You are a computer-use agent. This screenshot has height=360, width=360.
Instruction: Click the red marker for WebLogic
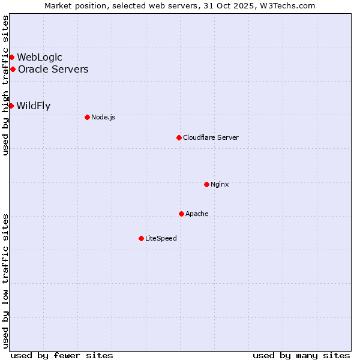click(x=11, y=58)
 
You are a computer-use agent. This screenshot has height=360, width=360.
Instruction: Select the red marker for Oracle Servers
click(x=13, y=69)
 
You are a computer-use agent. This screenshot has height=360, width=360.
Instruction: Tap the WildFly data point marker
click(x=11, y=106)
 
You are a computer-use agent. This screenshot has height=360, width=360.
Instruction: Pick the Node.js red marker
click(x=87, y=117)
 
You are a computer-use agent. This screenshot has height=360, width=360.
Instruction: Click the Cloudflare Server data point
click(x=179, y=137)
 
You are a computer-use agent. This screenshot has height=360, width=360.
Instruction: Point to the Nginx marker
click(x=206, y=184)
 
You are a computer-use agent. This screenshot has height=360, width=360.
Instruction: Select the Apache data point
click(x=181, y=214)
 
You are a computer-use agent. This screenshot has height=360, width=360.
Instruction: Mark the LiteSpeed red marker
click(x=141, y=238)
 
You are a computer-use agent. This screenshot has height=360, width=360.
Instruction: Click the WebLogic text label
click(x=40, y=58)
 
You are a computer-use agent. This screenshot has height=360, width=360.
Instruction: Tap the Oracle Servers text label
click(x=53, y=69)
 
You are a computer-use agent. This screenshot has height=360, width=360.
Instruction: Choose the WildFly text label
click(x=34, y=106)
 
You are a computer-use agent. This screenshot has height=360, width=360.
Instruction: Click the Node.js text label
click(x=103, y=117)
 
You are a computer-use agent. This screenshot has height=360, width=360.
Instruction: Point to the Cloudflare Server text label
click(x=211, y=137)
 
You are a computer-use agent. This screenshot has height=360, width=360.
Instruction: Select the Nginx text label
click(x=220, y=184)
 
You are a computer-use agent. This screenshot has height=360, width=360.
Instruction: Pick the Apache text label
click(x=197, y=214)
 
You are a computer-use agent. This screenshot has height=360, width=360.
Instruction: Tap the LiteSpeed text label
click(x=161, y=238)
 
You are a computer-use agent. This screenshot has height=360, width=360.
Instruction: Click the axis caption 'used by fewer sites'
click(x=62, y=355)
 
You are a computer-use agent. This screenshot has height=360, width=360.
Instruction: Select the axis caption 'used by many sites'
click(x=301, y=355)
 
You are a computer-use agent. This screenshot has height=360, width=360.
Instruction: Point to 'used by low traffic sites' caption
click(x=5, y=281)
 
